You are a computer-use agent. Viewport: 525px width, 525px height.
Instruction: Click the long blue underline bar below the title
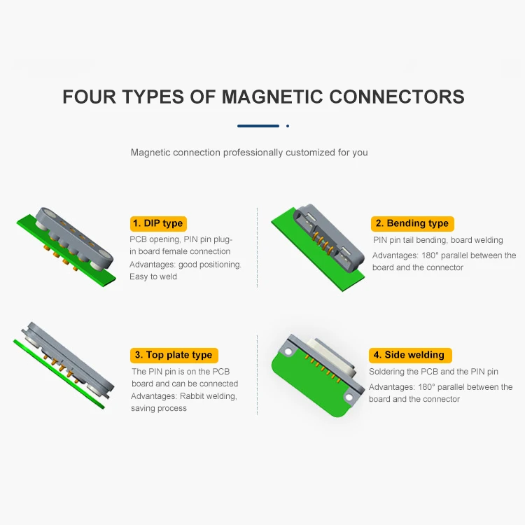coord(258,126)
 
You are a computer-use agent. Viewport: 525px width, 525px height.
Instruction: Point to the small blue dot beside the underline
coord(288,126)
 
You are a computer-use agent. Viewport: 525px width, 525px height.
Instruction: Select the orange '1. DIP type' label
coord(158,223)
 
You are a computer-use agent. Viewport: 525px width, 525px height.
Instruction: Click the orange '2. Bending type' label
coord(412,223)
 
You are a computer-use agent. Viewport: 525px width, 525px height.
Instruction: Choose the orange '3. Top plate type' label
coord(174,355)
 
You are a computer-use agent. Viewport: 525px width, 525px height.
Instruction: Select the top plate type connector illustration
coord(63,364)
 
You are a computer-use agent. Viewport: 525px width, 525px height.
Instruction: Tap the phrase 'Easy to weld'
coord(153,276)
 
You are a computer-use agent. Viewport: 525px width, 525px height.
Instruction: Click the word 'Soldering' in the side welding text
coord(389,372)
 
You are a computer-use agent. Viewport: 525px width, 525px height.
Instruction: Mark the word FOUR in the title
coord(89,97)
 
